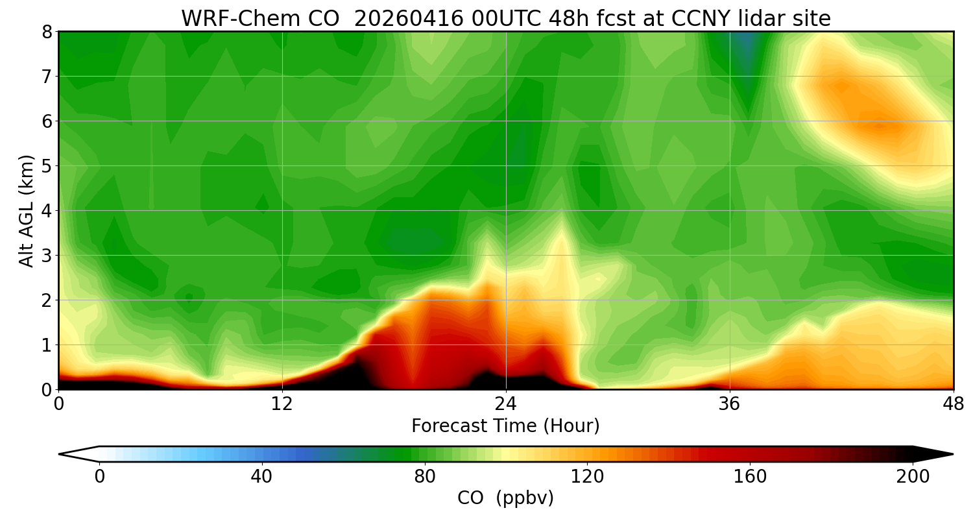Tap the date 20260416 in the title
[409, 19]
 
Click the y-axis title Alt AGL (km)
[27, 210]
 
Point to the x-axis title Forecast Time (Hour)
[505, 426]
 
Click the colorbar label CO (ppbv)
[505, 498]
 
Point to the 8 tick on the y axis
[47, 32]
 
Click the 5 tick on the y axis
[47, 166]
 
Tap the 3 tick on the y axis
[47, 256]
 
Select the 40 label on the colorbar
[261, 477]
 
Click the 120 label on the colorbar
[588, 477]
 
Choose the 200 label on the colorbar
[913, 477]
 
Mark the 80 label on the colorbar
[425, 477]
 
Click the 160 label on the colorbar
[751, 477]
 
